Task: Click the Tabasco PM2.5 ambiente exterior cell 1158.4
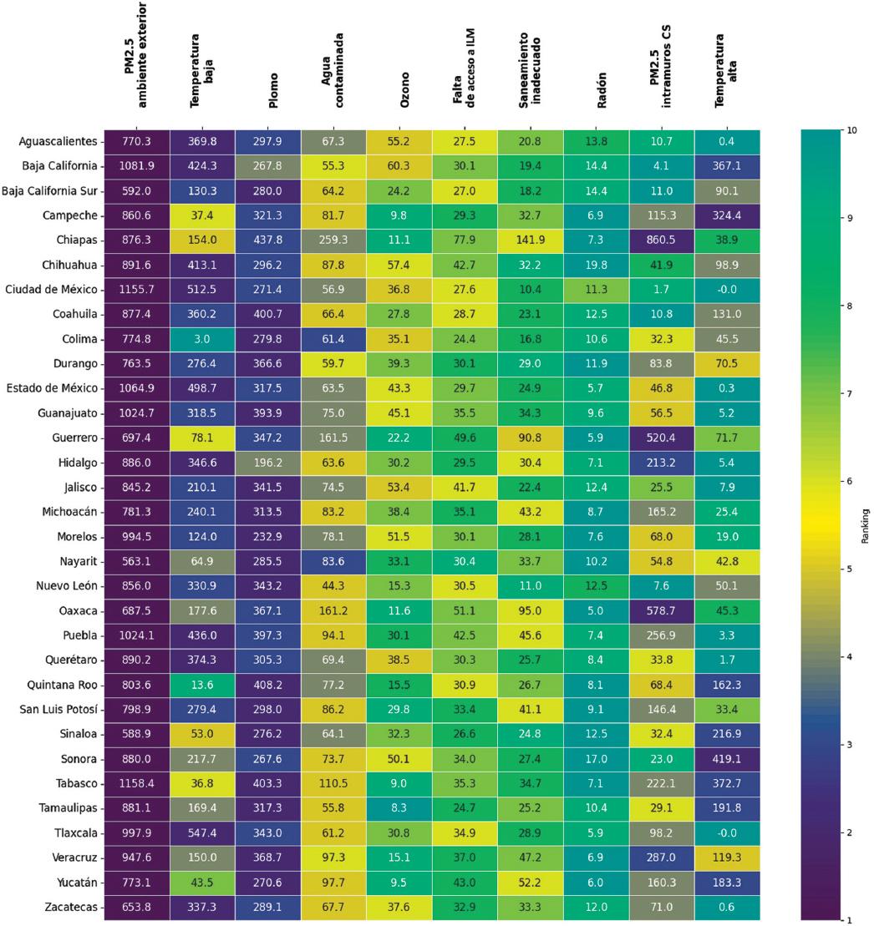tap(136, 783)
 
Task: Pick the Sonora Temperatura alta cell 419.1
tap(727, 758)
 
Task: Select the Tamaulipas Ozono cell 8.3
tap(399, 807)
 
